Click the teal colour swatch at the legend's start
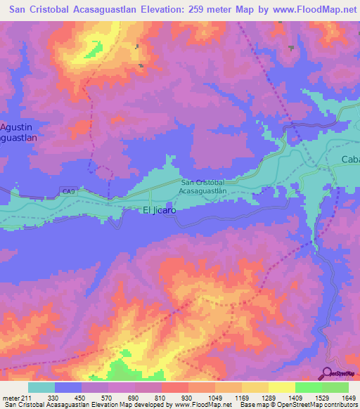41,387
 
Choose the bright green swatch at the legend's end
335,387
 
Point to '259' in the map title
185,9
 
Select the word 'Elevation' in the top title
154,9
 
